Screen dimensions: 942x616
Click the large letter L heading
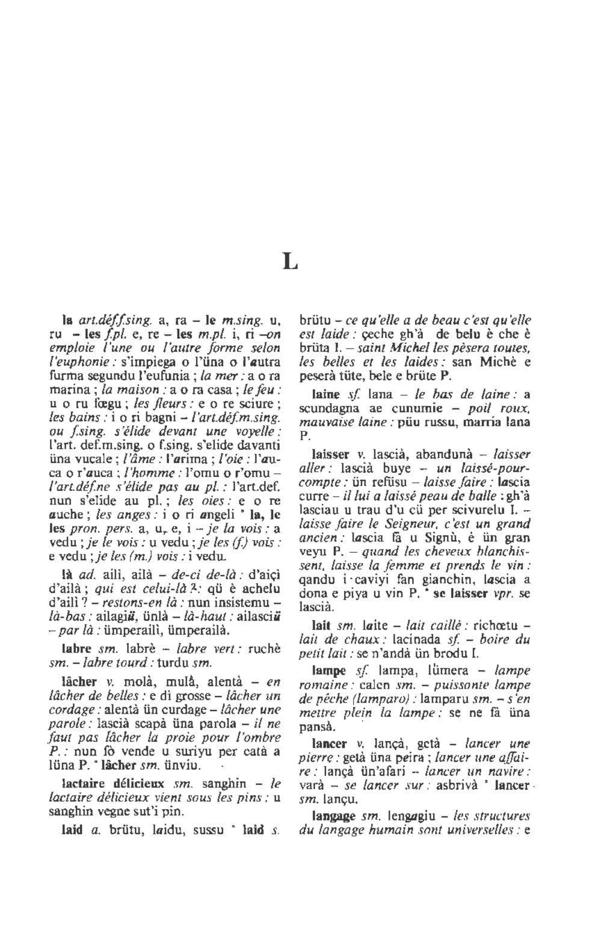click(x=291, y=263)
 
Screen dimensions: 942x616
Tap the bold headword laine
click(x=325, y=395)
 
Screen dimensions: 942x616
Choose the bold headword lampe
click(x=329, y=671)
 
